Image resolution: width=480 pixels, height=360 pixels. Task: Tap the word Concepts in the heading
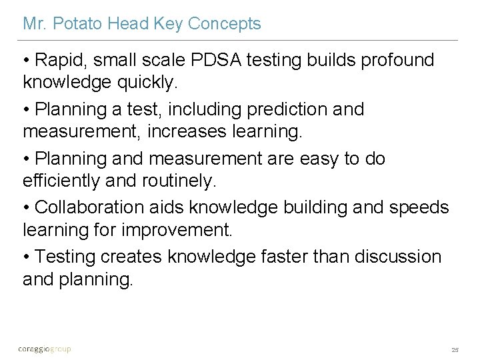[225, 24]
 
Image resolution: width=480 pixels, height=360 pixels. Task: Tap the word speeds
[419, 208]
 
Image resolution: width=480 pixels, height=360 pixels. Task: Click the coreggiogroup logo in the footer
[44, 349]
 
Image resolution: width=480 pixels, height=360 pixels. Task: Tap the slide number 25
[455, 349]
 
